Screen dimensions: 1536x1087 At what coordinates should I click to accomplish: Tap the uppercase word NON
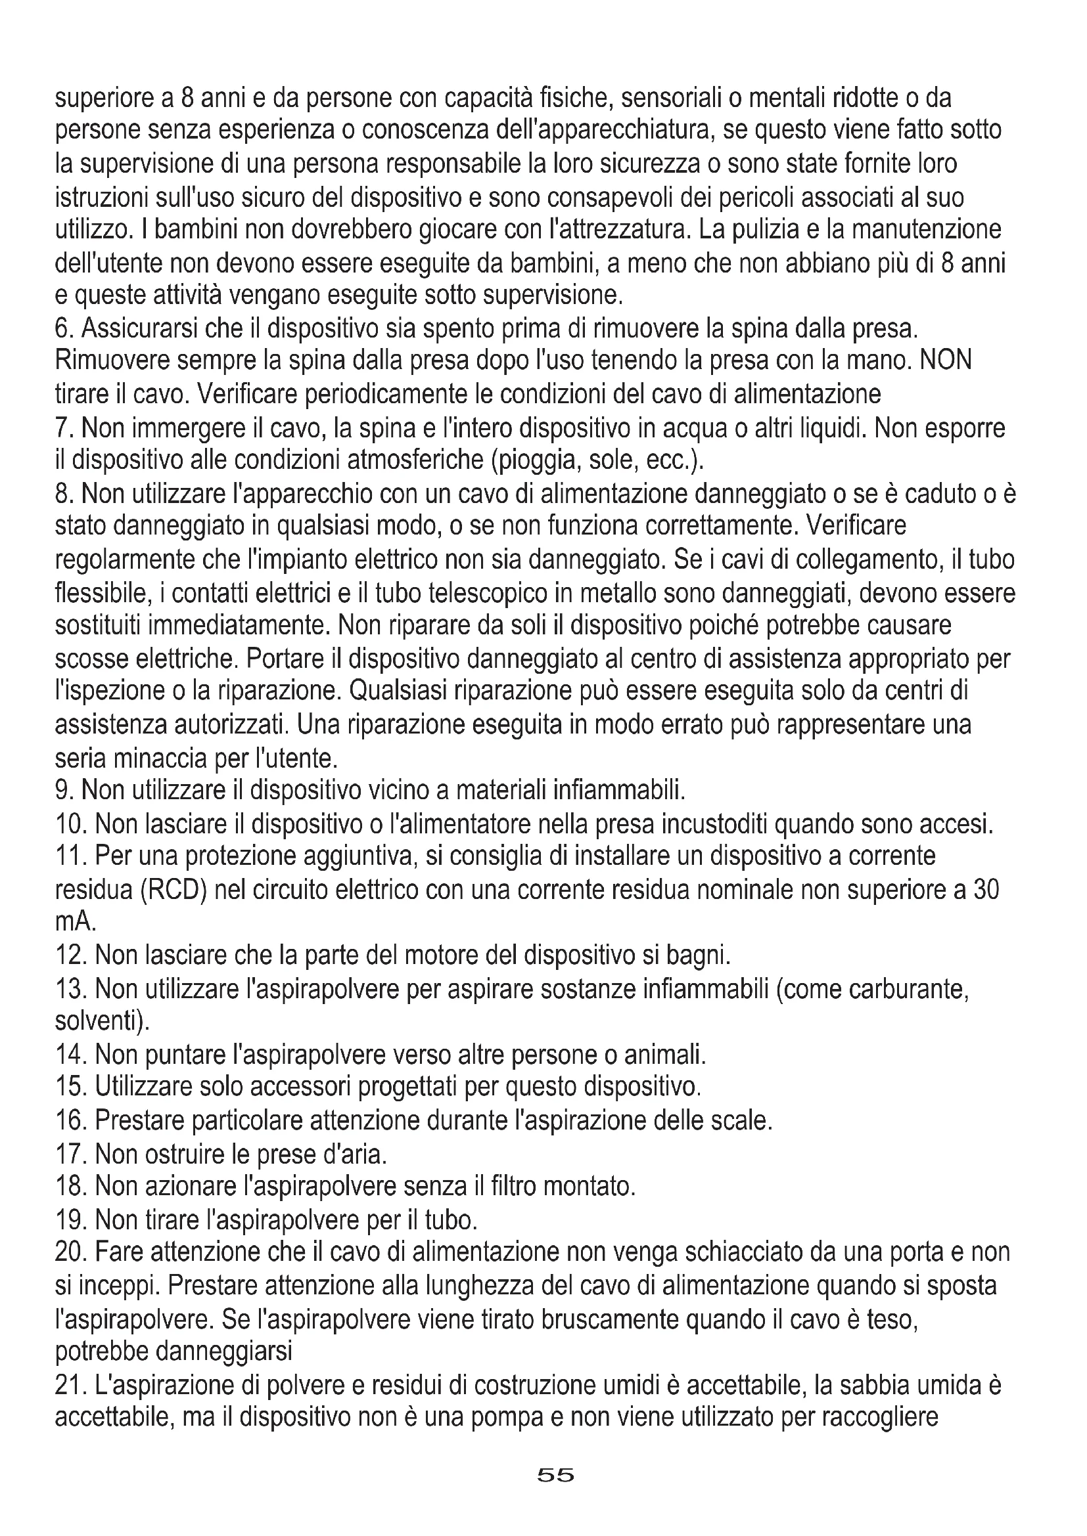pyautogui.click(x=946, y=361)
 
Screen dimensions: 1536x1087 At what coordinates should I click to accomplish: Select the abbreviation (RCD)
pyautogui.click(x=173, y=890)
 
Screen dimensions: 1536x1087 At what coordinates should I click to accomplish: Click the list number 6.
pyautogui.click(x=64, y=328)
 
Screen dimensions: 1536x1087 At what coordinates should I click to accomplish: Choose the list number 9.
pyautogui.click(x=64, y=791)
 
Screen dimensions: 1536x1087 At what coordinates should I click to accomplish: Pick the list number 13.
pyautogui.click(x=71, y=989)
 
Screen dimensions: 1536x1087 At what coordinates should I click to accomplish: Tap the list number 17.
pyautogui.click(x=71, y=1154)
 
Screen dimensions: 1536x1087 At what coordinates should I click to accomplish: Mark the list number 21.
pyautogui.click(x=71, y=1385)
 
